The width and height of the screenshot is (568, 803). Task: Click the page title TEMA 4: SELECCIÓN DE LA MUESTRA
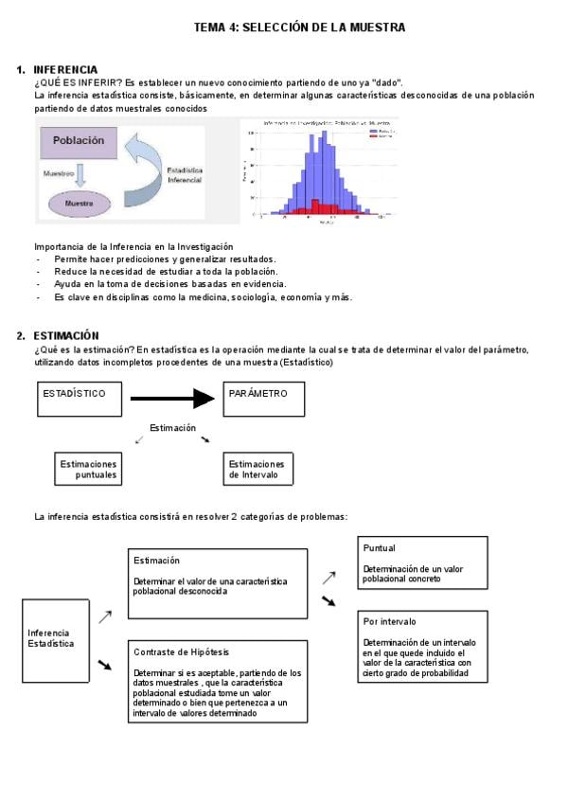pyautogui.click(x=299, y=28)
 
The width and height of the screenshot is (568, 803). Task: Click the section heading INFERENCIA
pyautogui.click(x=65, y=70)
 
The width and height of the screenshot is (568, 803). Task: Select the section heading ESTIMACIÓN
pyautogui.click(x=66, y=335)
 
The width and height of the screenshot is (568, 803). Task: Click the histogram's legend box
pyautogui.click(x=380, y=134)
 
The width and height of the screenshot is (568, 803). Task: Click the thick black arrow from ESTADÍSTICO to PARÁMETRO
pyautogui.click(x=173, y=398)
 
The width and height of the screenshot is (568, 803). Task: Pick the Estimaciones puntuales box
pyautogui.click(x=88, y=469)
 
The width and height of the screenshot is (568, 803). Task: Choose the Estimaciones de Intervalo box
pyautogui.click(x=257, y=469)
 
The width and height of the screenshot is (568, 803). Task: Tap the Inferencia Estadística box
pyautogui.click(x=56, y=639)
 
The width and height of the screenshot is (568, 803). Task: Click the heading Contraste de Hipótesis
pyautogui.click(x=182, y=651)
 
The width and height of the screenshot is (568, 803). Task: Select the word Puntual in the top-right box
pyautogui.click(x=380, y=548)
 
